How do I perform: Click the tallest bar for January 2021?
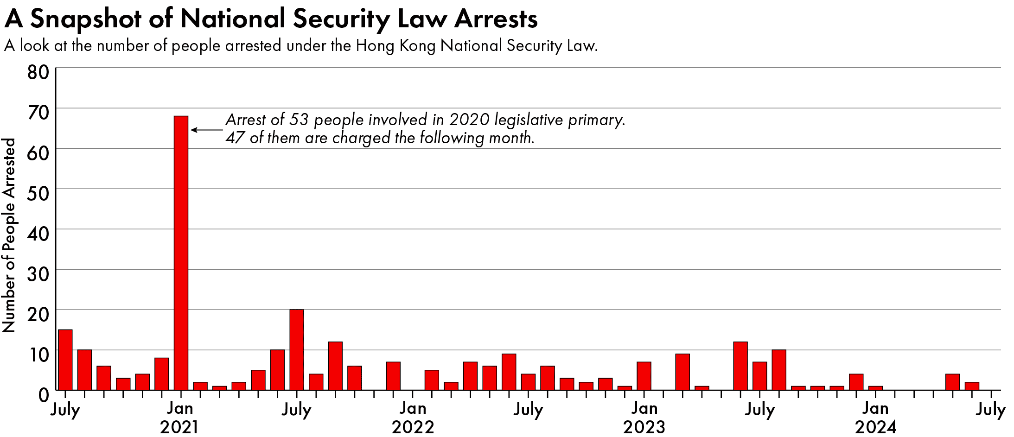coord(181,253)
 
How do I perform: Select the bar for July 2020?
coord(65,360)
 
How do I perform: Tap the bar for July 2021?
coord(297,350)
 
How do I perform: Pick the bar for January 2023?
coord(644,376)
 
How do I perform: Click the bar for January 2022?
coord(413,389)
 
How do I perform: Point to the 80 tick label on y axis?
coord(38,72)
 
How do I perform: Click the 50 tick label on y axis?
coord(38,193)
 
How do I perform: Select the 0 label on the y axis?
coord(44,395)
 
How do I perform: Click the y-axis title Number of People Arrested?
coord(9,235)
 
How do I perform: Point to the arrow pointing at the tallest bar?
coord(207,130)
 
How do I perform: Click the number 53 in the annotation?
coord(299,120)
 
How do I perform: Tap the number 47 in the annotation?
coord(236,138)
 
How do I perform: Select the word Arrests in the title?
coord(496,19)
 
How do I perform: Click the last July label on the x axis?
coord(991,410)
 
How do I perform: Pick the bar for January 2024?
coord(875,388)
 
